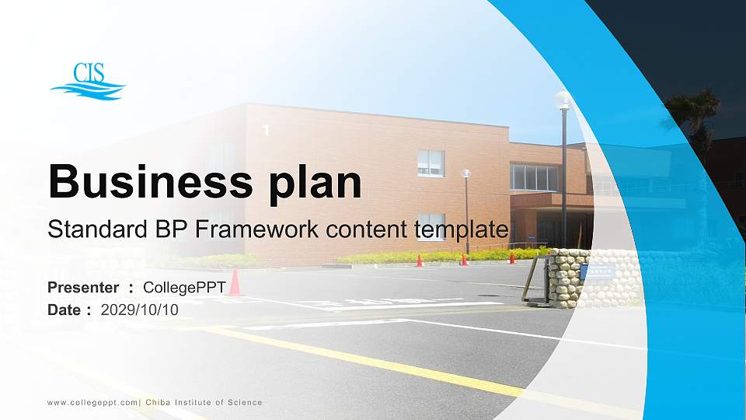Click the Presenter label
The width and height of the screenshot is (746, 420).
click(x=83, y=288)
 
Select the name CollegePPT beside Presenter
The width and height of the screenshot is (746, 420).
click(x=184, y=288)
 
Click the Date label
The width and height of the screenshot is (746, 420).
click(x=64, y=310)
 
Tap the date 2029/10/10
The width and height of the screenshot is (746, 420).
click(x=140, y=310)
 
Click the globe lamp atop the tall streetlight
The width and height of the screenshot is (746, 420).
click(x=563, y=99)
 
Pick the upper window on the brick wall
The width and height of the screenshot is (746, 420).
click(x=431, y=163)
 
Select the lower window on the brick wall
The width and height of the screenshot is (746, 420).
click(x=431, y=226)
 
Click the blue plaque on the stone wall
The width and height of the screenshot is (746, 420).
click(x=601, y=271)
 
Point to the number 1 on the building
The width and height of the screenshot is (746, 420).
click(x=266, y=131)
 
